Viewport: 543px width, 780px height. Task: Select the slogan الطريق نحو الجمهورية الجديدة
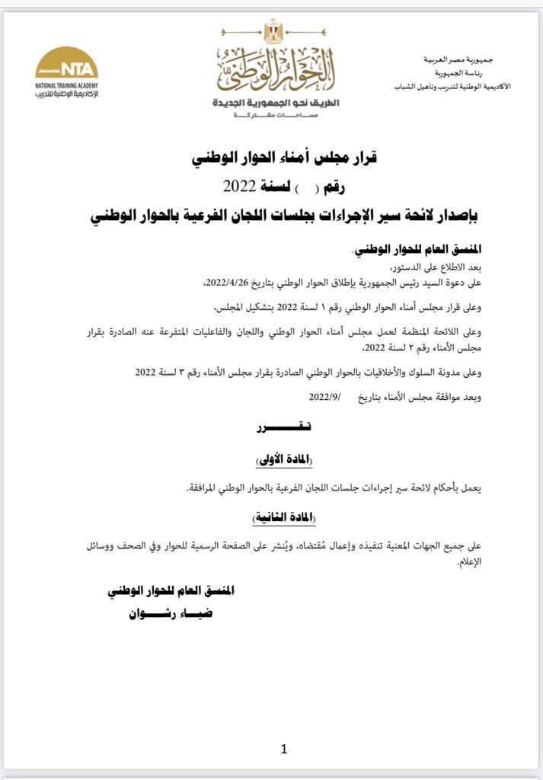click(x=276, y=102)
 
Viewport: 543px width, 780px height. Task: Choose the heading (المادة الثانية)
click(x=283, y=517)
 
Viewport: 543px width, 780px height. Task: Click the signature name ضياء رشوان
click(x=171, y=614)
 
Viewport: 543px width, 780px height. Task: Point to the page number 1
click(x=283, y=750)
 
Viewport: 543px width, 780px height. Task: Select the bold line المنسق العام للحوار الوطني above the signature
click(x=171, y=590)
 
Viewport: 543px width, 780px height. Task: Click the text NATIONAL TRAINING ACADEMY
click(x=66, y=85)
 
